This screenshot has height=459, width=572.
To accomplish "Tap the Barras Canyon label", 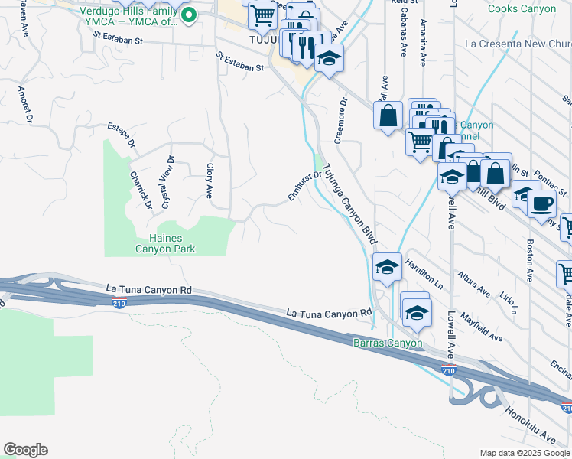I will (388, 343).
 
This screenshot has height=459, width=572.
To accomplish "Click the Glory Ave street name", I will (209, 179).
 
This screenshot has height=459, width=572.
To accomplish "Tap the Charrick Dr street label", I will (141, 189).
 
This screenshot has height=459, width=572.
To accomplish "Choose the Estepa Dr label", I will (122, 134).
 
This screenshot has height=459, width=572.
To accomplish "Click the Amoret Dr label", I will (26, 104).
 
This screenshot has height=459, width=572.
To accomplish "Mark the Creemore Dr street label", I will (341, 119).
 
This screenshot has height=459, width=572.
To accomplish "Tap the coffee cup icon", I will (542, 204).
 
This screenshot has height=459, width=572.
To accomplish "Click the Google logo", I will (25, 450).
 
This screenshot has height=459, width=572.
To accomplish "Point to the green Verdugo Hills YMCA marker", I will (188, 14).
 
